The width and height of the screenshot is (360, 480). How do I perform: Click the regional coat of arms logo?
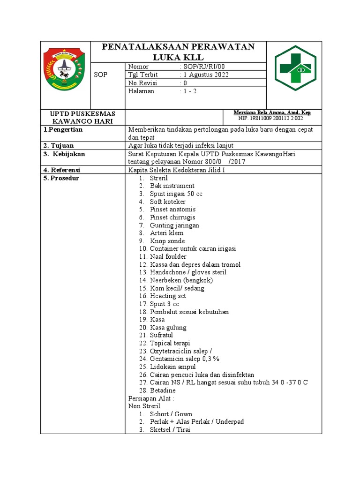coord(65,70)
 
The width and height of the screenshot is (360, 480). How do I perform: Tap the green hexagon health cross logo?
coord(295,68)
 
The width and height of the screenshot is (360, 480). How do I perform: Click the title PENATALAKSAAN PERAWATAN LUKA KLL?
coord(179,52)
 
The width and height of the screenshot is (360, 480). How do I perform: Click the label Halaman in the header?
coord(141,91)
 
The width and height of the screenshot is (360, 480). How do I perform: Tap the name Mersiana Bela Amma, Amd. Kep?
coord(272,112)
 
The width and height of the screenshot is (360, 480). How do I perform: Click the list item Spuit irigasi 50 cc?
coord(176,194)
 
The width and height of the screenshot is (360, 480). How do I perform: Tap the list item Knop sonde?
coord(167,241)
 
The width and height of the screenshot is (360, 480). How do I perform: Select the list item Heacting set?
coord(168,296)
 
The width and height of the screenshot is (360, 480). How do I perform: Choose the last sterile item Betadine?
coord(163,390)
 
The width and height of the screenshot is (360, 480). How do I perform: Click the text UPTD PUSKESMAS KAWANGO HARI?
coord(82,117)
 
